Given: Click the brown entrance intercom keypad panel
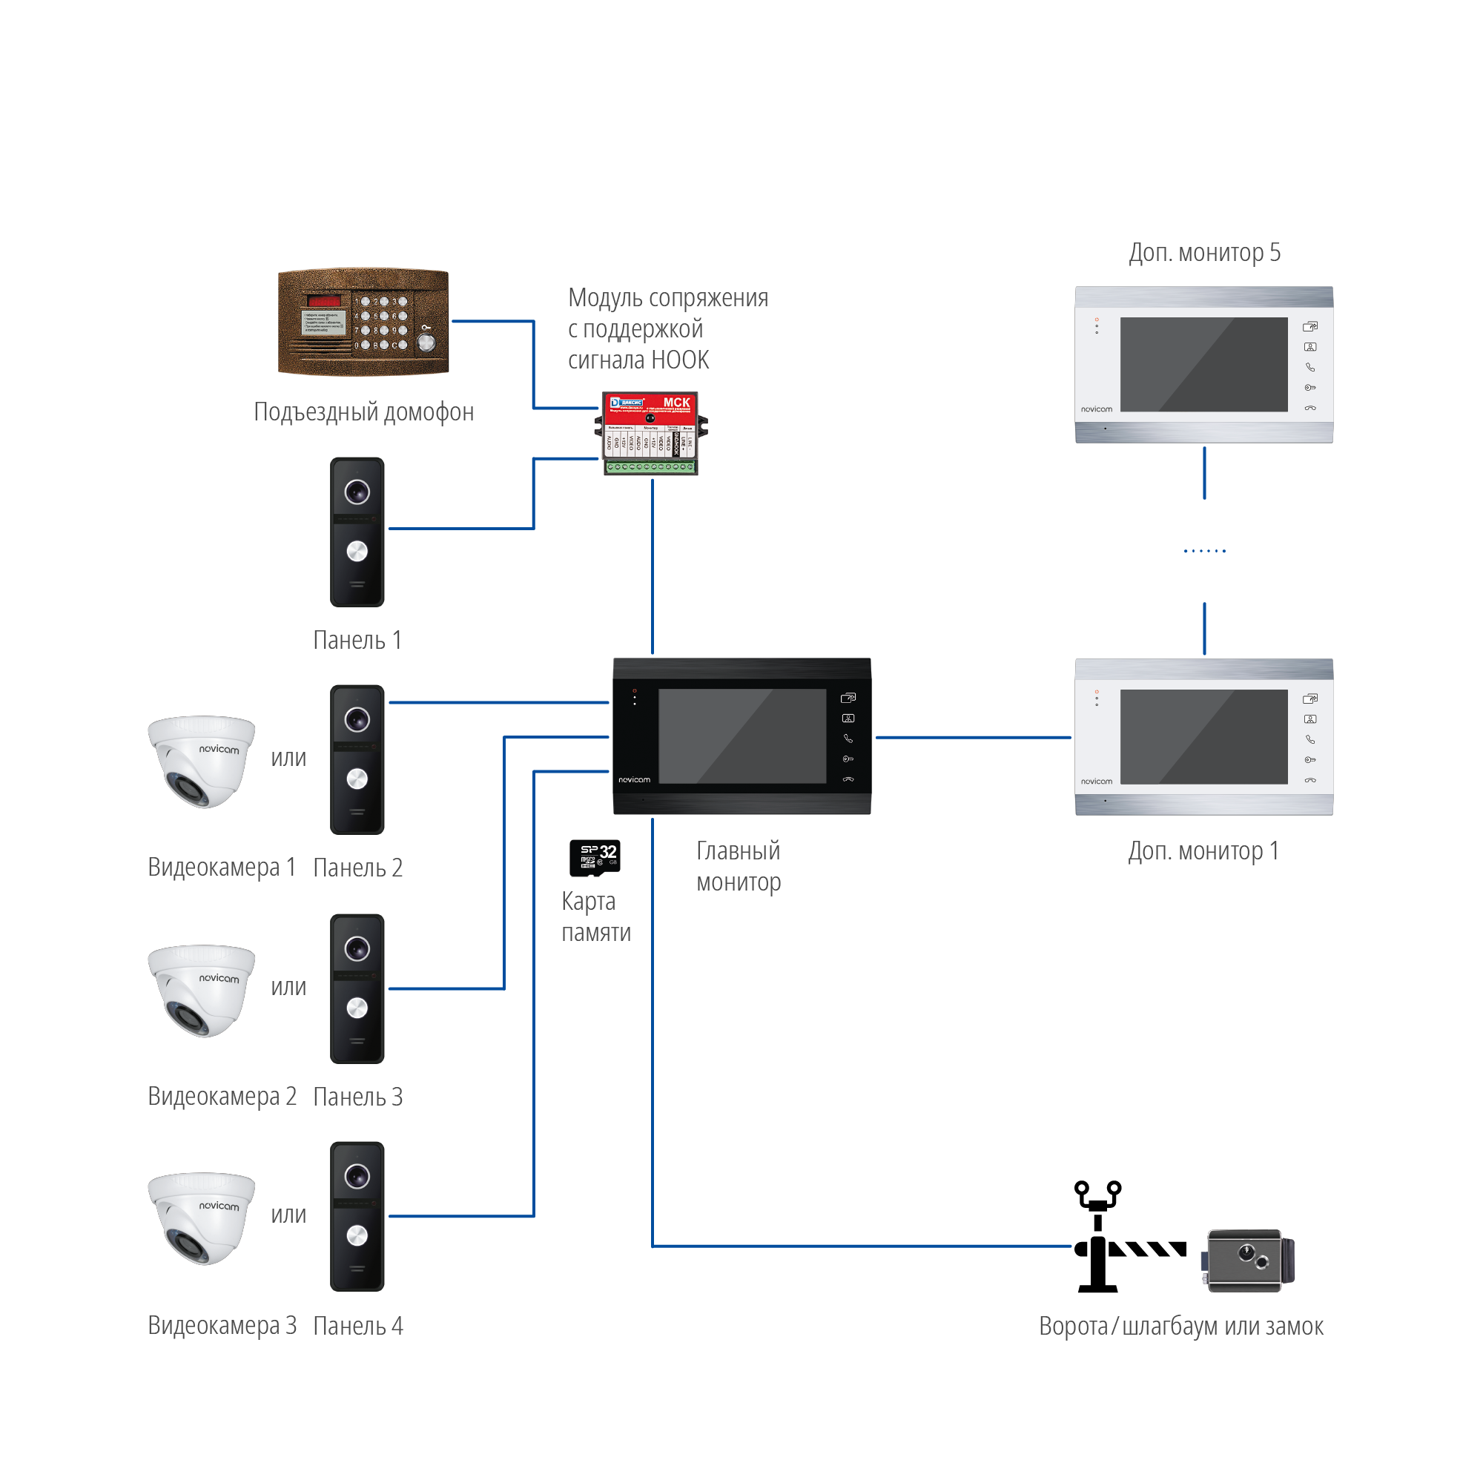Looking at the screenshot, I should tap(363, 322).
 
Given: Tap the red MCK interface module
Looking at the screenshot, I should tap(651, 433).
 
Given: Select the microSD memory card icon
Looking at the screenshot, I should tap(595, 857).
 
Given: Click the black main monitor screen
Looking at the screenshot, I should tap(741, 736).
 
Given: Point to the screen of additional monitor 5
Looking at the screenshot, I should tap(1203, 365).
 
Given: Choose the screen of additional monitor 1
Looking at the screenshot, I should tap(1203, 736).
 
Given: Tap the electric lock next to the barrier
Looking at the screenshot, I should tap(1248, 1260).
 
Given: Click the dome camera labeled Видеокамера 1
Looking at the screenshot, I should tap(201, 761).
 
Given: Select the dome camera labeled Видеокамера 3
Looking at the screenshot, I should tap(201, 1218).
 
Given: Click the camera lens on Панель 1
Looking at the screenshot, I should tap(357, 492).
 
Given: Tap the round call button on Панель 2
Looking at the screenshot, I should tap(357, 779).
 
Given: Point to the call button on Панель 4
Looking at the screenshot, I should tap(357, 1235).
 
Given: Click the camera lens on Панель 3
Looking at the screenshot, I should tap(357, 949).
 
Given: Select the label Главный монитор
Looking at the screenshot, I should tap(739, 867).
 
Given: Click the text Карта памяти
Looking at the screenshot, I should tap(595, 916).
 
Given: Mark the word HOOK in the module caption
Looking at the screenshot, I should tap(679, 360).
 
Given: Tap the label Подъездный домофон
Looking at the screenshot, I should tap(363, 412).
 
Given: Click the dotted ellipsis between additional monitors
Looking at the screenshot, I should tap(1204, 550).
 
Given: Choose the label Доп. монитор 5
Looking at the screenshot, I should tap(1204, 253).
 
